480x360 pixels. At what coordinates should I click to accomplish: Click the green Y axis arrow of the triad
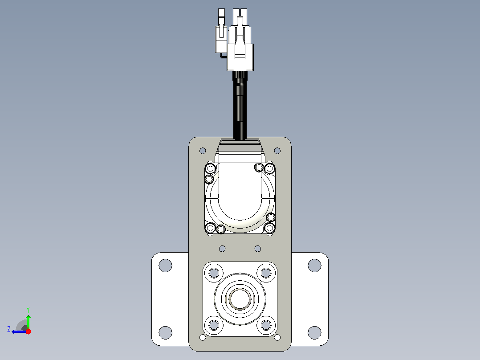pyautogui.click(x=28, y=321)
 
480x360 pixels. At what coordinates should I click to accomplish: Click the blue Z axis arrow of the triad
pyautogui.click(x=19, y=331)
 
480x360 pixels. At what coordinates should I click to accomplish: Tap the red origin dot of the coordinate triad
pyautogui.click(x=28, y=331)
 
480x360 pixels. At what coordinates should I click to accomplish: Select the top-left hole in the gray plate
pyautogui.click(x=203, y=151)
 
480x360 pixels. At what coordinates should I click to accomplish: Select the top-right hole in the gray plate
pyautogui.click(x=277, y=151)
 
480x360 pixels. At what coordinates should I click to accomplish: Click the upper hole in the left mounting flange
pyautogui.click(x=166, y=266)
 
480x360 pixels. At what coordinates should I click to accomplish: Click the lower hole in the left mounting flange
pyautogui.click(x=166, y=333)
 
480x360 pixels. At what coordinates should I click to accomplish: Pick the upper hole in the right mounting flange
pyautogui.click(x=314, y=266)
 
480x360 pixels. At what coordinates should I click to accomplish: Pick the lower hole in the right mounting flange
pyautogui.click(x=314, y=333)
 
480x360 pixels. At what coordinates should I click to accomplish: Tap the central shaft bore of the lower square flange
pyautogui.click(x=240, y=299)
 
